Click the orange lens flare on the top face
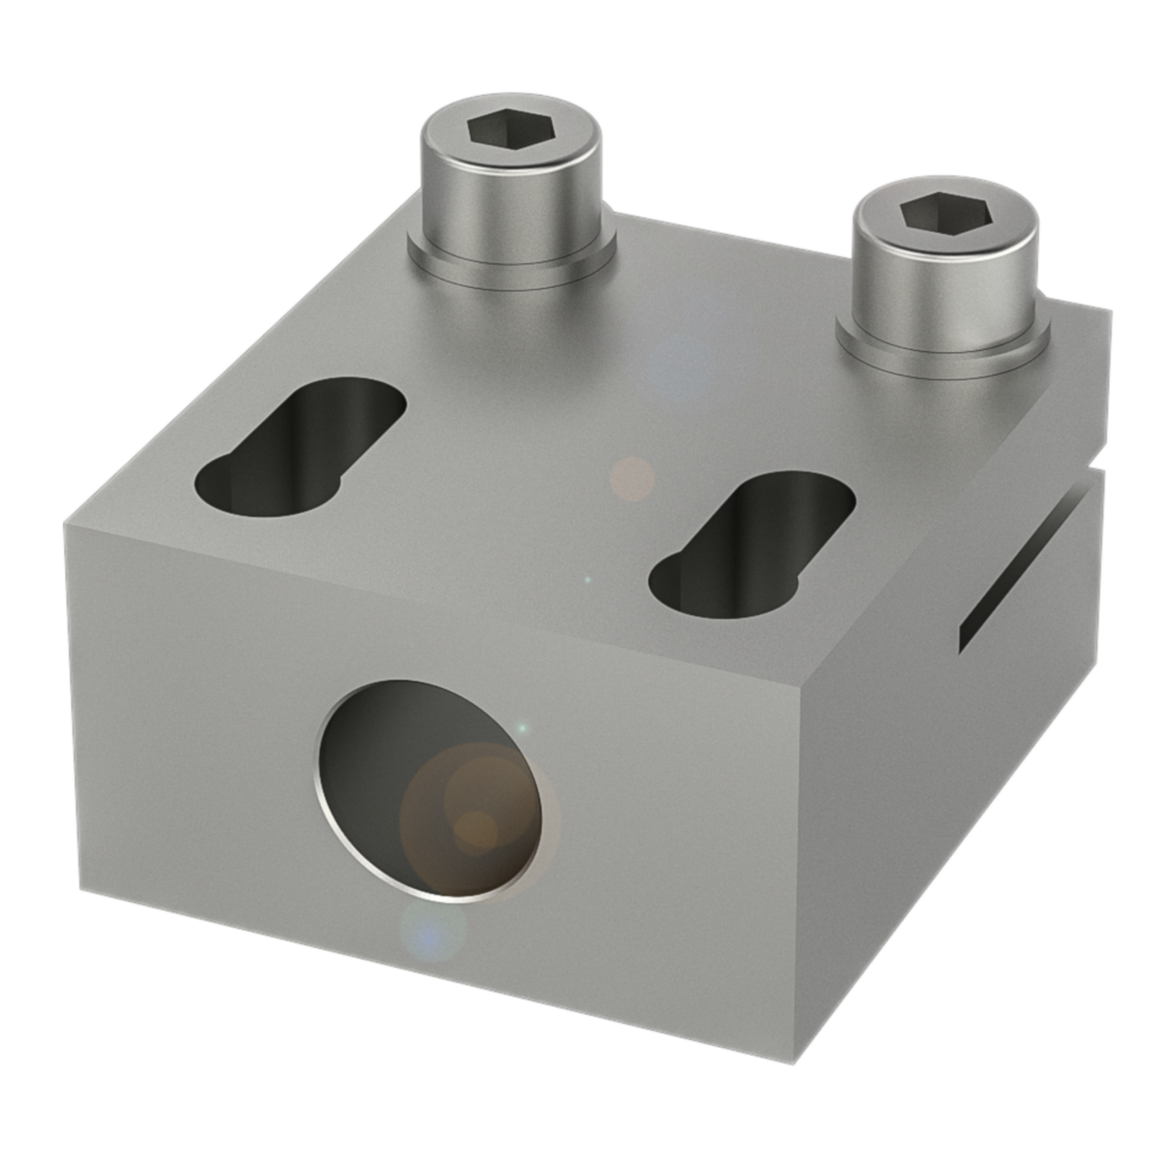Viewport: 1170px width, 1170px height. click(x=632, y=478)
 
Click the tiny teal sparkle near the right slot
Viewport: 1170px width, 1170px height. click(x=588, y=580)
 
